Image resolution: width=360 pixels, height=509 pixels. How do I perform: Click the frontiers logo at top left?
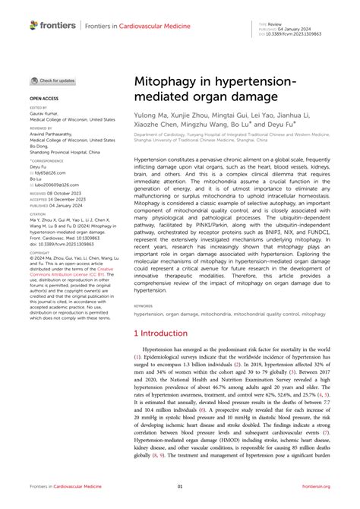(52, 25)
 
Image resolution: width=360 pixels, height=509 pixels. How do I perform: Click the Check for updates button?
(52, 81)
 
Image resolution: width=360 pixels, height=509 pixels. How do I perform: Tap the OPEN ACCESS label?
(45, 99)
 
